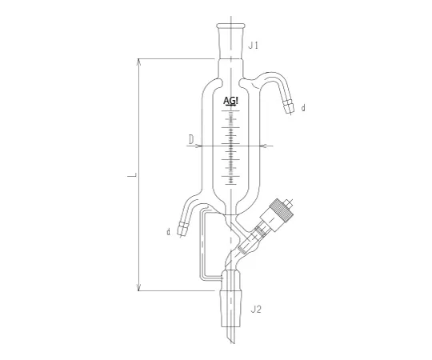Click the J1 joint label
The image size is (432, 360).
click(253, 46)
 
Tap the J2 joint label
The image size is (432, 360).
click(257, 308)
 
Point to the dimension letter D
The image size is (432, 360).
click(191, 139)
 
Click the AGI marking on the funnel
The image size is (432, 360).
click(230, 102)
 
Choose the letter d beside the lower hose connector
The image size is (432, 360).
click(169, 232)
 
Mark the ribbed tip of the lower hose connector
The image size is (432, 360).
click(182, 230)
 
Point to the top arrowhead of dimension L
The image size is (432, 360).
click(141, 61)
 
